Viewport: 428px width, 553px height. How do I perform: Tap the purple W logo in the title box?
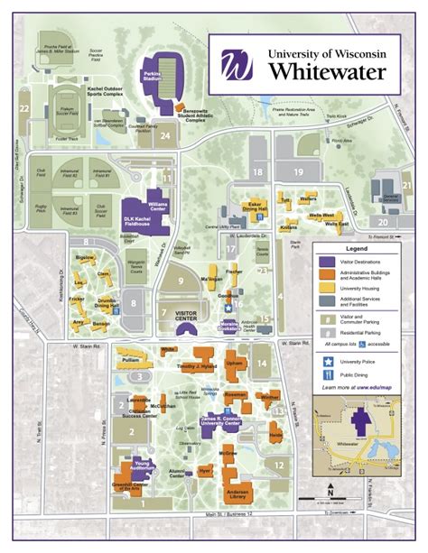point(237,65)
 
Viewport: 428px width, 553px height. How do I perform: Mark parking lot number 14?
point(261,364)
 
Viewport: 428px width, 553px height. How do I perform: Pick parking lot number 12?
point(279,465)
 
